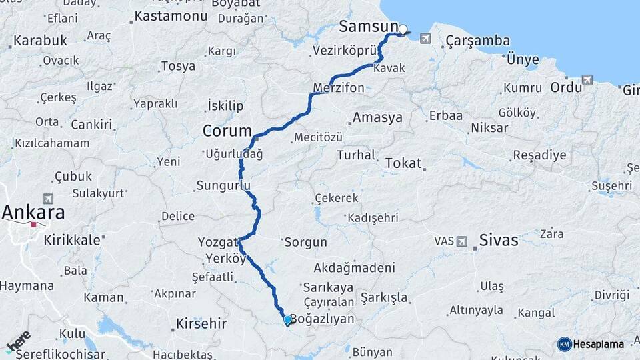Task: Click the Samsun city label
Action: point(369,27)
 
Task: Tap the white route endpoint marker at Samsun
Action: point(403,29)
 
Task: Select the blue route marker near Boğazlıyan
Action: point(287,320)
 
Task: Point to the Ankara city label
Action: point(34,213)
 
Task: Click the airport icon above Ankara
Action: point(47,199)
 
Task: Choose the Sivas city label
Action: point(499,241)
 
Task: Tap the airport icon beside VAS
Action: point(461,241)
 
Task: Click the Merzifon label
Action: point(339,88)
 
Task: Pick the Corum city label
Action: point(227,131)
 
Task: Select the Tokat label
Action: point(404,163)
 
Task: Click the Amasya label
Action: point(377,117)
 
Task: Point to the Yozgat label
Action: point(218,241)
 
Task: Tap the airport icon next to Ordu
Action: point(587,81)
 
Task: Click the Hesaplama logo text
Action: point(597,344)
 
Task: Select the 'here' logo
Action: point(18,341)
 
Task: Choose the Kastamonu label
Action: point(170,15)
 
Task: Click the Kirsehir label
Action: point(201,324)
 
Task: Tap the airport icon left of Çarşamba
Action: point(425,39)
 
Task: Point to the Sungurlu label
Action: point(223,185)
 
